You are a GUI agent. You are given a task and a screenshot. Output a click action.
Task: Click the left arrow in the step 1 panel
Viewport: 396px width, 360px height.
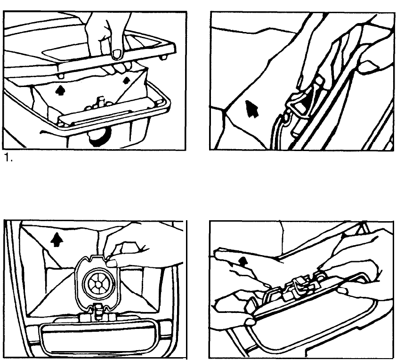tap(59, 90)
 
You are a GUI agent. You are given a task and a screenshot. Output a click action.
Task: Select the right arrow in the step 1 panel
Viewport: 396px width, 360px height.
tap(127, 80)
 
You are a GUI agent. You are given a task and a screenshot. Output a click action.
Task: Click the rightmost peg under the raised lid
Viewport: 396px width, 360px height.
tap(163, 57)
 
